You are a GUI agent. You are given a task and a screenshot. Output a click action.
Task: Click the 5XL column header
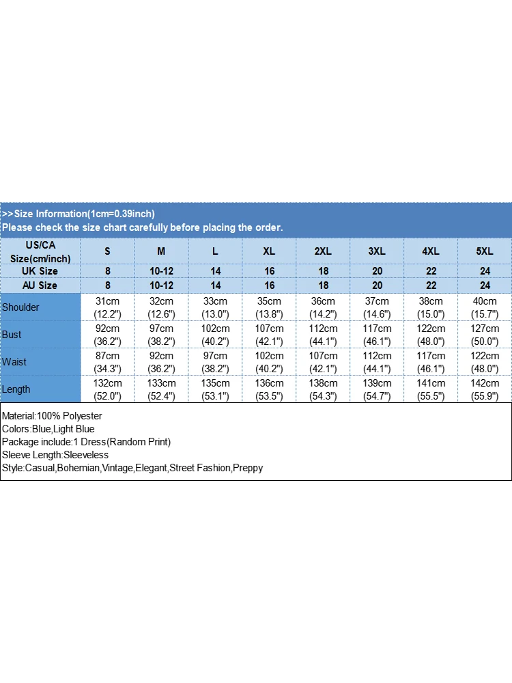(x=485, y=251)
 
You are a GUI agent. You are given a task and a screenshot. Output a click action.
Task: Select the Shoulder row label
(x=20, y=307)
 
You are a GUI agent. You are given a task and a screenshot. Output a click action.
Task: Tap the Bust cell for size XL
(x=269, y=335)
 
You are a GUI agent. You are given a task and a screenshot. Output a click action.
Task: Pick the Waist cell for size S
(x=107, y=362)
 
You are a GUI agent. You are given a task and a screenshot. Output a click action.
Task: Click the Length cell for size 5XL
(x=485, y=389)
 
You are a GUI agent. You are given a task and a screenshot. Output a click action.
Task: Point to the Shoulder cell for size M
(x=161, y=307)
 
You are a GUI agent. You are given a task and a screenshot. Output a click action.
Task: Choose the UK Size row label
(x=40, y=271)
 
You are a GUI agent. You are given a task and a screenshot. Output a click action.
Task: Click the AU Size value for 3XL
(x=377, y=285)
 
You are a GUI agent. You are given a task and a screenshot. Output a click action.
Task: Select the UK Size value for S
(x=107, y=271)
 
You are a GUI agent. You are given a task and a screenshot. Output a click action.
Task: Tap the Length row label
(x=16, y=389)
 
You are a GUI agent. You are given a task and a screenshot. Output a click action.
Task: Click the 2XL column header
(x=323, y=251)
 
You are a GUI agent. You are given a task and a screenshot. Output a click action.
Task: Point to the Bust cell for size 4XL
(x=431, y=335)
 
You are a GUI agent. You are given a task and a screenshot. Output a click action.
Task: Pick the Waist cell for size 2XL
(x=323, y=362)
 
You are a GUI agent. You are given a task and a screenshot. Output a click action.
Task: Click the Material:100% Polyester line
(x=52, y=416)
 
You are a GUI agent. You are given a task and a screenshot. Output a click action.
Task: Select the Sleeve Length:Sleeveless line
(x=55, y=455)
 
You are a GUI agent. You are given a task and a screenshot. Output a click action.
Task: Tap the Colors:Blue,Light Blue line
(x=48, y=429)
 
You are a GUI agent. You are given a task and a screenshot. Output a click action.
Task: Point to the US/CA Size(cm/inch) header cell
(x=40, y=251)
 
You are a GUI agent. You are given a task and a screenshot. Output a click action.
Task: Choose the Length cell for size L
(x=215, y=389)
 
